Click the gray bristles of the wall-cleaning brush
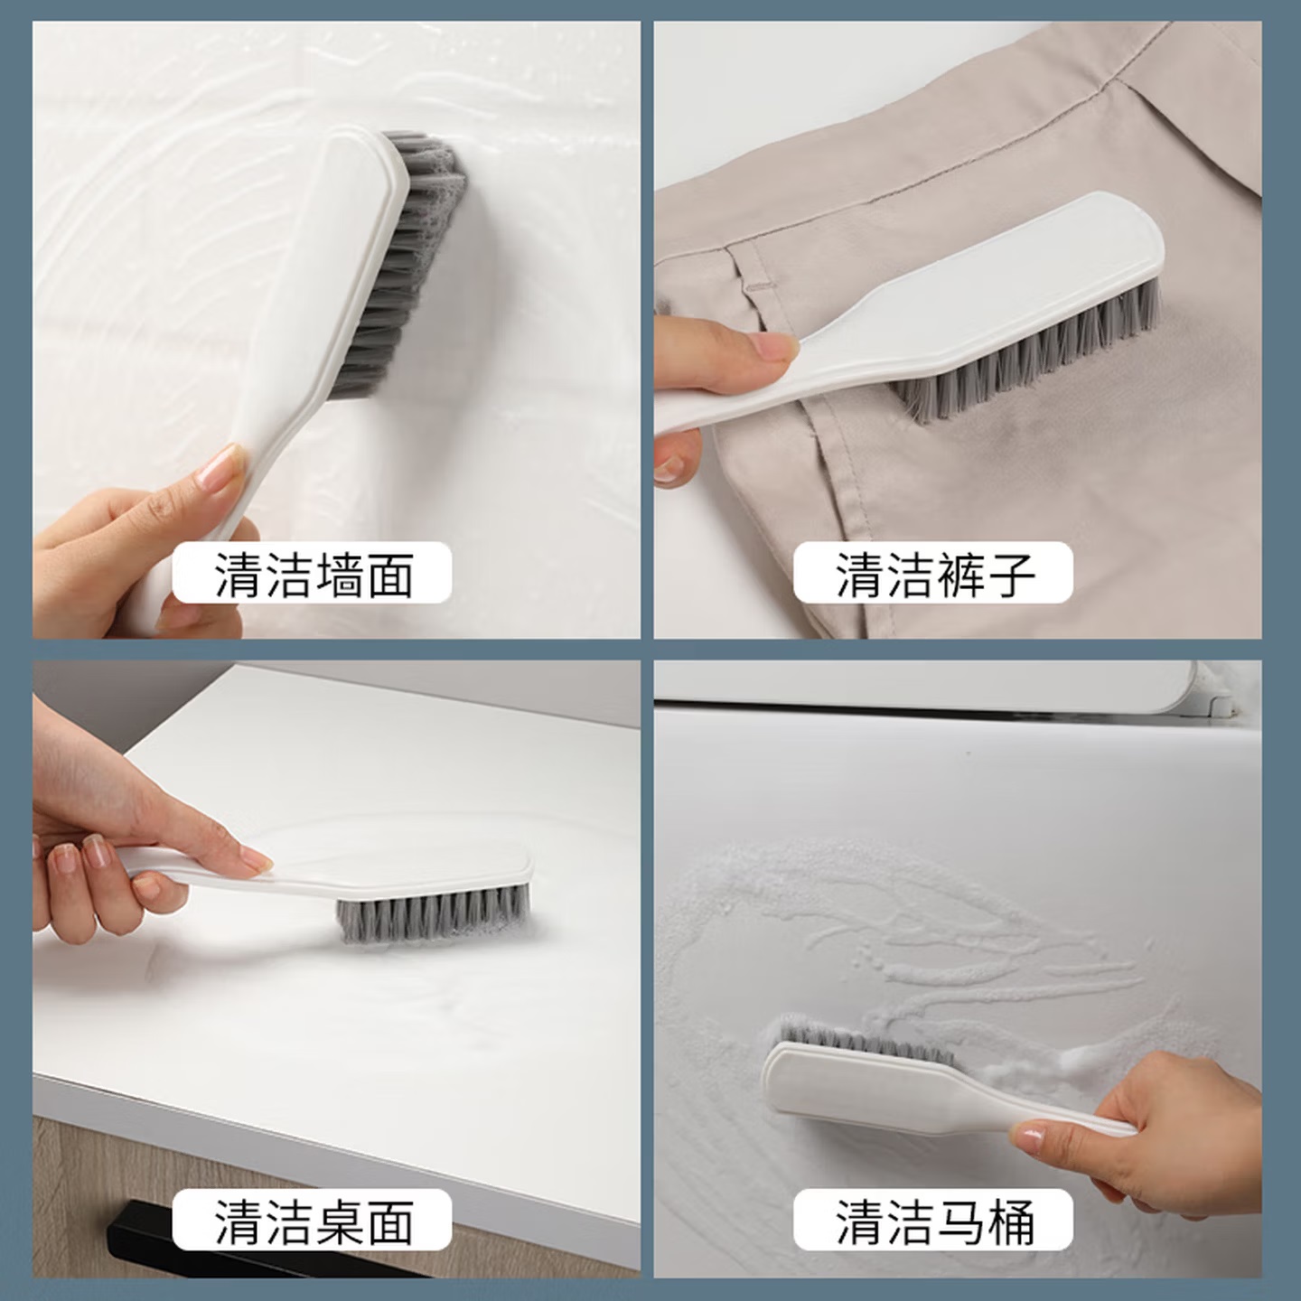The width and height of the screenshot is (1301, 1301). coord(405,263)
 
